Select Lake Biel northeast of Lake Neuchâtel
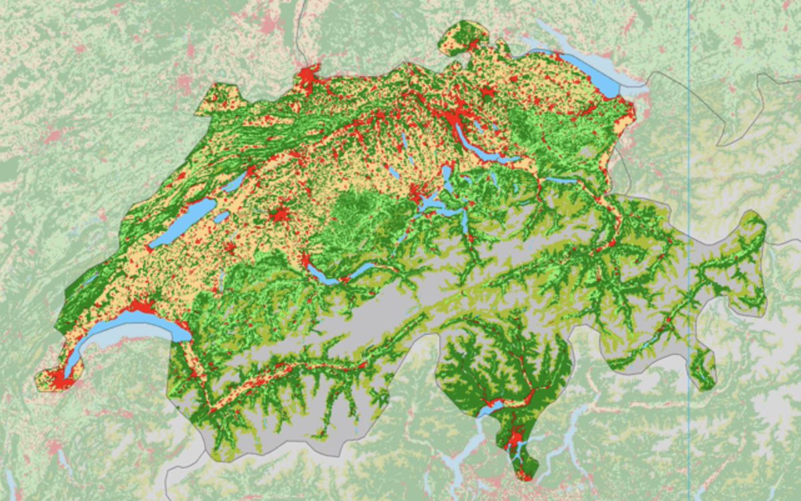pos(235,181)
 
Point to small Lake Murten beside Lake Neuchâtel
pos(222,217)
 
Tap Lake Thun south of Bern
pos(323,276)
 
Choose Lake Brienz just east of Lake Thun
pos(360,270)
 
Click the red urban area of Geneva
pos(59,380)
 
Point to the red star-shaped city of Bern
pos(280,215)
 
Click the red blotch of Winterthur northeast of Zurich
pos(488,91)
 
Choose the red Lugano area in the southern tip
pos(514,440)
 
